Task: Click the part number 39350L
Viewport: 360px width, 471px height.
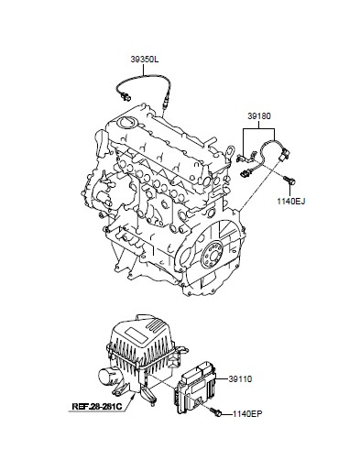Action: [x=145, y=60]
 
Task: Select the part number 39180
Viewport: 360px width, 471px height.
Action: [x=259, y=116]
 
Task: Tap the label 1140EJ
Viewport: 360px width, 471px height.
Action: [x=291, y=201]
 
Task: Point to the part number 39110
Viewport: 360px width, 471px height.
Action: [x=240, y=379]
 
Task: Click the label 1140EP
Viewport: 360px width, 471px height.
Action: [x=247, y=414]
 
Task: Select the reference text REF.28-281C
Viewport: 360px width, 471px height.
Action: [x=97, y=407]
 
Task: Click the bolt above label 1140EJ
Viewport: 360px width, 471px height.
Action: [x=289, y=181]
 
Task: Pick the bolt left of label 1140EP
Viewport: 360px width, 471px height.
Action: [x=215, y=412]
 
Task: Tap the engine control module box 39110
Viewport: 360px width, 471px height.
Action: [x=195, y=388]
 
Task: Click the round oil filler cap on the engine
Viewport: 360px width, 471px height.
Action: [x=126, y=122]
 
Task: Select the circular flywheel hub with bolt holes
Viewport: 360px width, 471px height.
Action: [x=213, y=252]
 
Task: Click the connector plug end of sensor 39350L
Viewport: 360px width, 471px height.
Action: [x=125, y=97]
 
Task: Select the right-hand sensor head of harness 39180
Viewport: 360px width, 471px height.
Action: [x=286, y=153]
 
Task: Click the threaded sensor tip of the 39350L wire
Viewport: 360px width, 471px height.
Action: [x=163, y=110]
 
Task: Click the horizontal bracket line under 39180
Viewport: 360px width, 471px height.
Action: [x=259, y=129]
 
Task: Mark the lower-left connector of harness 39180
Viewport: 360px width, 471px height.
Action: [x=245, y=174]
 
